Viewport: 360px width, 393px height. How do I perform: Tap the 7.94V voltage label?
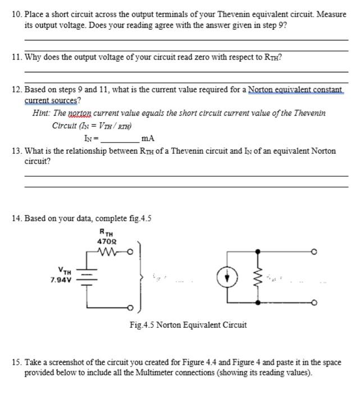pos(60,279)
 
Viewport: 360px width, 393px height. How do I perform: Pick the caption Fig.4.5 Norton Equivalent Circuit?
pos(188,325)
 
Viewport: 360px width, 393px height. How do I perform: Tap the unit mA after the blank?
pos(148,138)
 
